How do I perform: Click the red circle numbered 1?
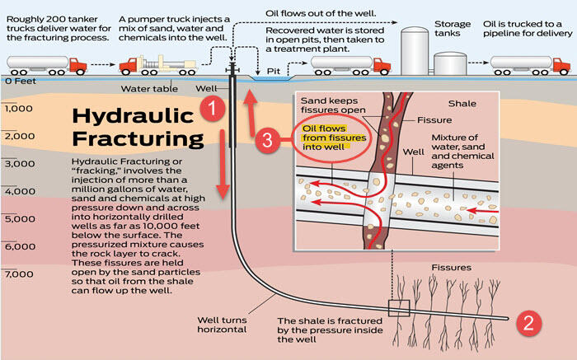click(x=212, y=108)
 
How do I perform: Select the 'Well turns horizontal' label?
click(x=222, y=324)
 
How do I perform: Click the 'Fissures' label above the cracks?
click(x=453, y=268)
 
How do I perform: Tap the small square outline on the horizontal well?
click(x=399, y=309)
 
